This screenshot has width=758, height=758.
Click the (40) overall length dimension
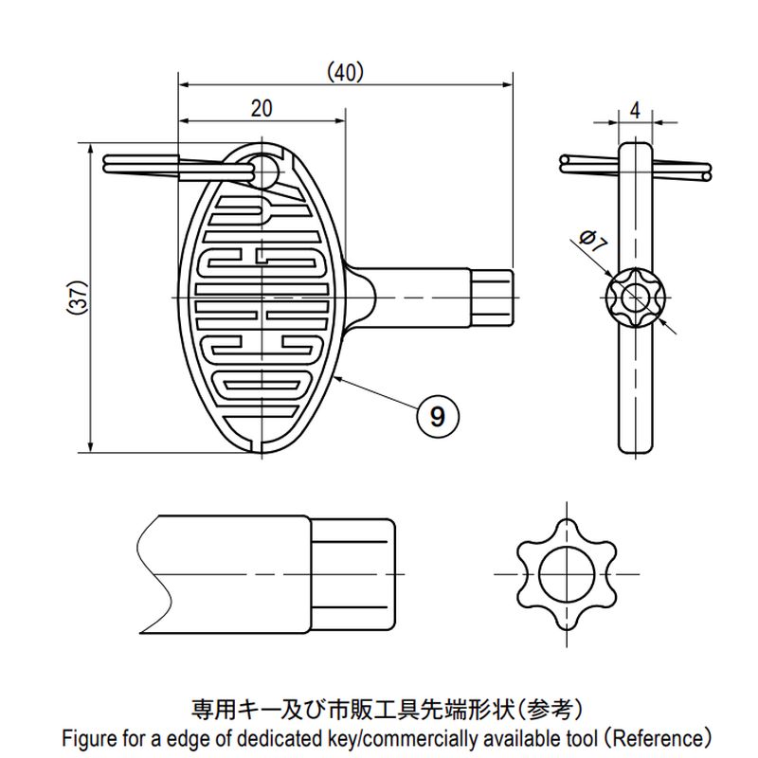345,71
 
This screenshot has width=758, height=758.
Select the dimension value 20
262,108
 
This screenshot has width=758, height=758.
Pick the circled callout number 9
437,415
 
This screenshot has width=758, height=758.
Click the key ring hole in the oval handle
264,171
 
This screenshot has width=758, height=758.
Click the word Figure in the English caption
90,736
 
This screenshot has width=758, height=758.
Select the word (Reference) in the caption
657,736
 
